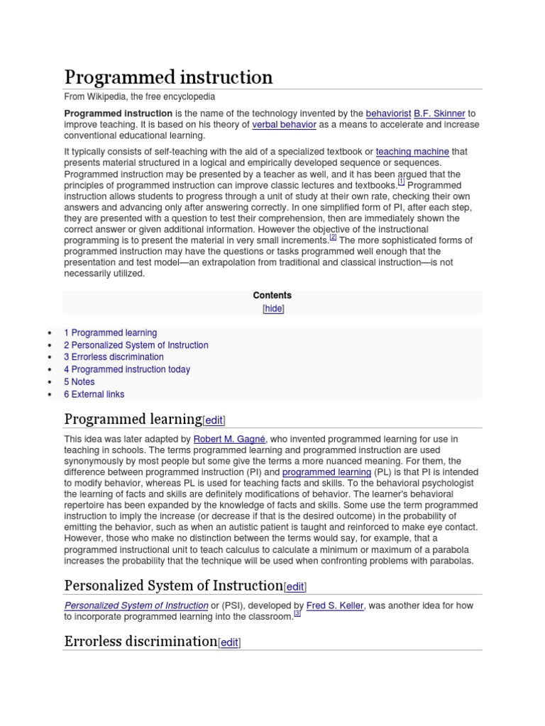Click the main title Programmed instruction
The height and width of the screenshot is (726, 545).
tap(168, 77)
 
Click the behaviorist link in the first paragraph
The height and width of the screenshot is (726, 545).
tap(387, 113)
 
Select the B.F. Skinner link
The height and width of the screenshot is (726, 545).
tap(439, 113)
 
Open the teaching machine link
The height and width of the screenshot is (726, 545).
tap(412, 152)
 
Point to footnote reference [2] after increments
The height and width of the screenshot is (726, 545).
tap(333, 238)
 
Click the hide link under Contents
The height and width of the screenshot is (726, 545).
tap(273, 308)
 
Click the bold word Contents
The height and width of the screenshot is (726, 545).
tap(272, 296)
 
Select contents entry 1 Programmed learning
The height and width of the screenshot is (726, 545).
tap(110, 333)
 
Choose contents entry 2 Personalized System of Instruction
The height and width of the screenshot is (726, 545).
tap(136, 345)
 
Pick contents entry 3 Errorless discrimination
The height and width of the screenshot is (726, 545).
tap(114, 357)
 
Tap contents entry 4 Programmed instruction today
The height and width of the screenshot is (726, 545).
tap(126, 369)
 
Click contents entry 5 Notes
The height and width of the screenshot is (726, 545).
tap(79, 381)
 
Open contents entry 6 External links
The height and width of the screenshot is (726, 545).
tap(94, 394)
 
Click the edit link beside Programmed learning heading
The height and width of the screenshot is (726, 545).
tap(214, 420)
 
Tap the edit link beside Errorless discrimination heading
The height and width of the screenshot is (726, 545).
tap(229, 643)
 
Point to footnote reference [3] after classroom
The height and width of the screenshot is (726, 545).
tap(297, 614)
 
